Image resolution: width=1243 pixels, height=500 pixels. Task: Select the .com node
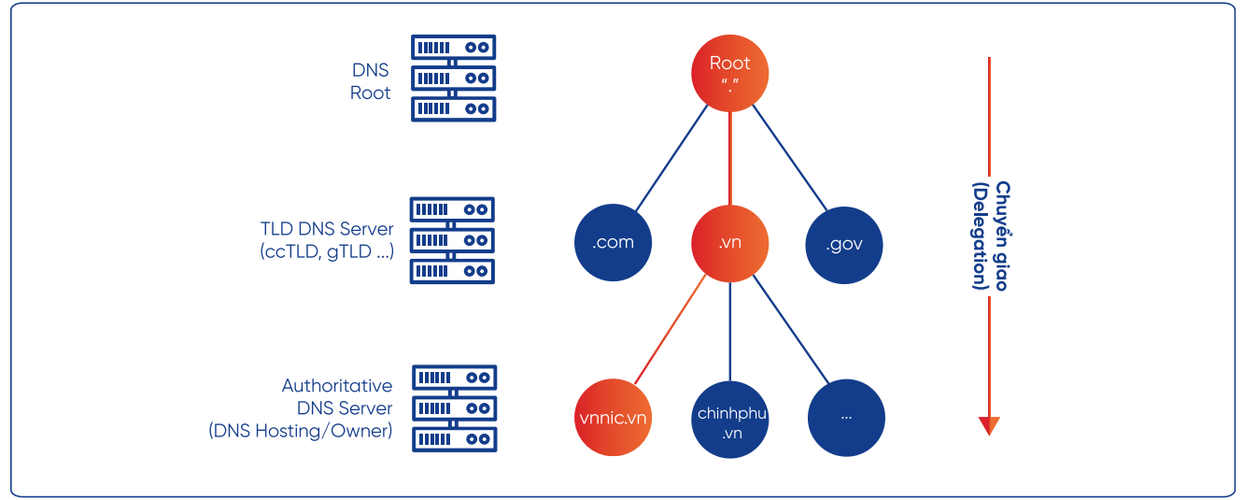tap(613, 243)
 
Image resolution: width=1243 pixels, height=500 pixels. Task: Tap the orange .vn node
tap(729, 243)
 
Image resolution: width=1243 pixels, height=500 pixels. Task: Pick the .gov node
tap(844, 244)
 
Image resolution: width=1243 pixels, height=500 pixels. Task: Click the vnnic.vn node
tap(613, 417)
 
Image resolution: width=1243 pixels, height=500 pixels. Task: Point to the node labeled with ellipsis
tap(846, 417)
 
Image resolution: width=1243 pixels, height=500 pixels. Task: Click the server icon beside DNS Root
tap(454, 79)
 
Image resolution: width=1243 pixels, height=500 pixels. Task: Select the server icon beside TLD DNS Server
tap(452, 240)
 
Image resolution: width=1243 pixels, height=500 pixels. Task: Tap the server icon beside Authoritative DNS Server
tap(455, 408)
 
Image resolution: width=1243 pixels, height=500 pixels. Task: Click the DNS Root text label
tap(371, 81)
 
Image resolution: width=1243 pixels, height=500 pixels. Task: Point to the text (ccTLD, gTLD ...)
tap(327, 251)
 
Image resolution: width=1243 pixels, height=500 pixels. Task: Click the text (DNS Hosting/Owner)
tap(300, 431)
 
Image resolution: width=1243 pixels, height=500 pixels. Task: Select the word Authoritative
tap(337, 385)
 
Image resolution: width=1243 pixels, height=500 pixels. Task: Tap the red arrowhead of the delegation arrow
tap(989, 425)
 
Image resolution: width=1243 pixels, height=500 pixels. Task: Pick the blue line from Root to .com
tap(670, 156)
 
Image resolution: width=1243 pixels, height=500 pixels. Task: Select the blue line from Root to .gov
tap(790, 156)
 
